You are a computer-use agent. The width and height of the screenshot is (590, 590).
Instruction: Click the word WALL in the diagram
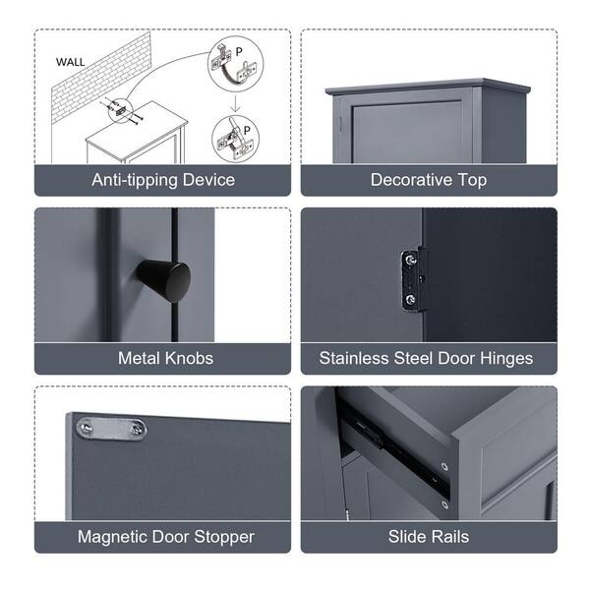[x=70, y=61]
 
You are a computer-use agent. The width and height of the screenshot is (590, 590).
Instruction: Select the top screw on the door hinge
[x=409, y=262]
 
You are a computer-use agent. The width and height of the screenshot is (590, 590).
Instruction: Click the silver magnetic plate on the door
[x=111, y=428]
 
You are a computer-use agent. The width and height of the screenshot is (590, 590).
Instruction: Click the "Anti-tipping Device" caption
[x=163, y=180]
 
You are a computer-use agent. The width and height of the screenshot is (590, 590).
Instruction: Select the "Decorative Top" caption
[x=428, y=180]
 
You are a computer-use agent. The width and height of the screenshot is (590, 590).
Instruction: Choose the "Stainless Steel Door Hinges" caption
[x=426, y=358]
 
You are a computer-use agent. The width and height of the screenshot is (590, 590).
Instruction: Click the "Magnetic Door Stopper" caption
[x=165, y=537]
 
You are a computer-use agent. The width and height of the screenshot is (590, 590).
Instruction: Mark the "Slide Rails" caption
[x=428, y=537]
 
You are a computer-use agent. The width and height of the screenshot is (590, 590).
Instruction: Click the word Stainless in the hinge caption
[x=355, y=358]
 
